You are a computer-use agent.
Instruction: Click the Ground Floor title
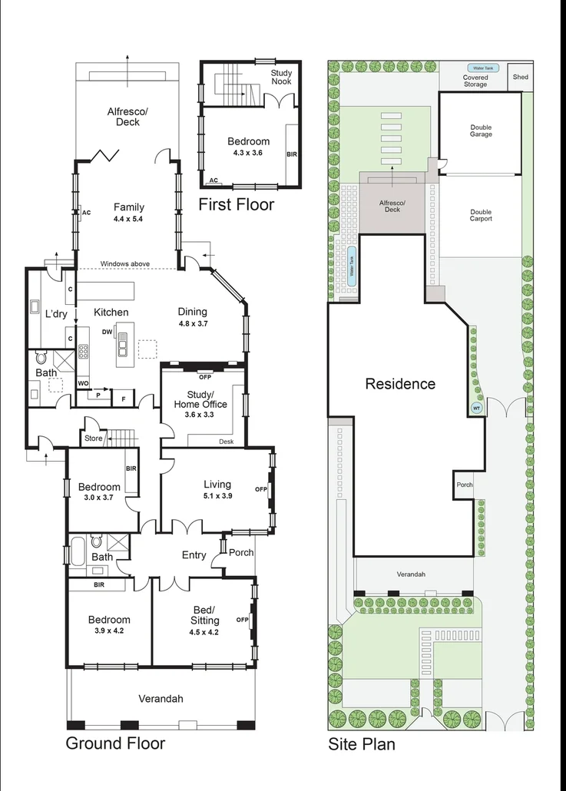pos(115,743)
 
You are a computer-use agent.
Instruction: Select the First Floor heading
pos(236,205)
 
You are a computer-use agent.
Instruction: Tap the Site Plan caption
pos(362,744)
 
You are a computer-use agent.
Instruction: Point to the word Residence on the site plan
pos(399,384)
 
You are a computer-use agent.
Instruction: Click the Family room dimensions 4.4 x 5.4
pos(129,219)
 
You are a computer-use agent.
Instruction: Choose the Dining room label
pos(193,312)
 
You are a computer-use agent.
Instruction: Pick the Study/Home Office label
pos(200,399)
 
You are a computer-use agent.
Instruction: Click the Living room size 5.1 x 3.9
pos(217,496)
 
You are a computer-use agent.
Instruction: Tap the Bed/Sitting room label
pos(204,615)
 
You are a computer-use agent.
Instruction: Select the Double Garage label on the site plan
pos(482,131)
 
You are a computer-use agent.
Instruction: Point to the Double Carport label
pos(482,216)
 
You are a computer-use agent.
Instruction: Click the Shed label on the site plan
pos(521,77)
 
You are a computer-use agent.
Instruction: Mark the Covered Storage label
pos(475,81)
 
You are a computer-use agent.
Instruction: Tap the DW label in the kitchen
pos(108,332)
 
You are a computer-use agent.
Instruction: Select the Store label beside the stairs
pos(94,439)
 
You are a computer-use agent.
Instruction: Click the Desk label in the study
pos(226,442)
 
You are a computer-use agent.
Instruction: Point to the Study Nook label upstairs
pos(281,77)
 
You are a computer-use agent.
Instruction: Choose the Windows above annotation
pos(126,265)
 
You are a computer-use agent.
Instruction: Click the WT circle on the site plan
pos(475,408)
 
